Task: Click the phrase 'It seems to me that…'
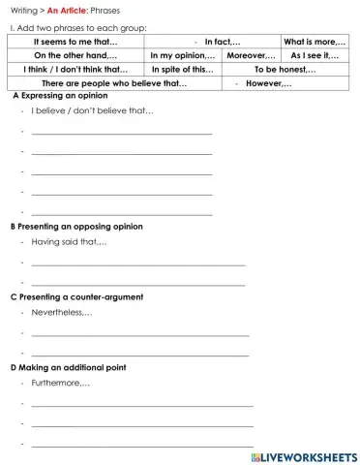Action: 75,42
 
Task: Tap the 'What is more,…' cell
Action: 315,42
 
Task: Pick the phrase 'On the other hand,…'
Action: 75,56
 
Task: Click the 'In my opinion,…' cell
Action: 183,56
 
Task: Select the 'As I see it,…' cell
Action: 315,56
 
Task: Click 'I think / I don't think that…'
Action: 75,70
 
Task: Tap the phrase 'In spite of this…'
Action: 183,70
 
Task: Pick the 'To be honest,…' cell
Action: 285,70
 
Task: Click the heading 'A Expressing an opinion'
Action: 60,97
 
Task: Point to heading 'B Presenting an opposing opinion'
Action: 76,226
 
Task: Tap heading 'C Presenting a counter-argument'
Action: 76,296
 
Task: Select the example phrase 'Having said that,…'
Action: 69,241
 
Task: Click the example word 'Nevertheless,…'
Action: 62,312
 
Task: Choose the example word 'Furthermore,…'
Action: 61,384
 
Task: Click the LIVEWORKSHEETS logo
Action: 303,455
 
